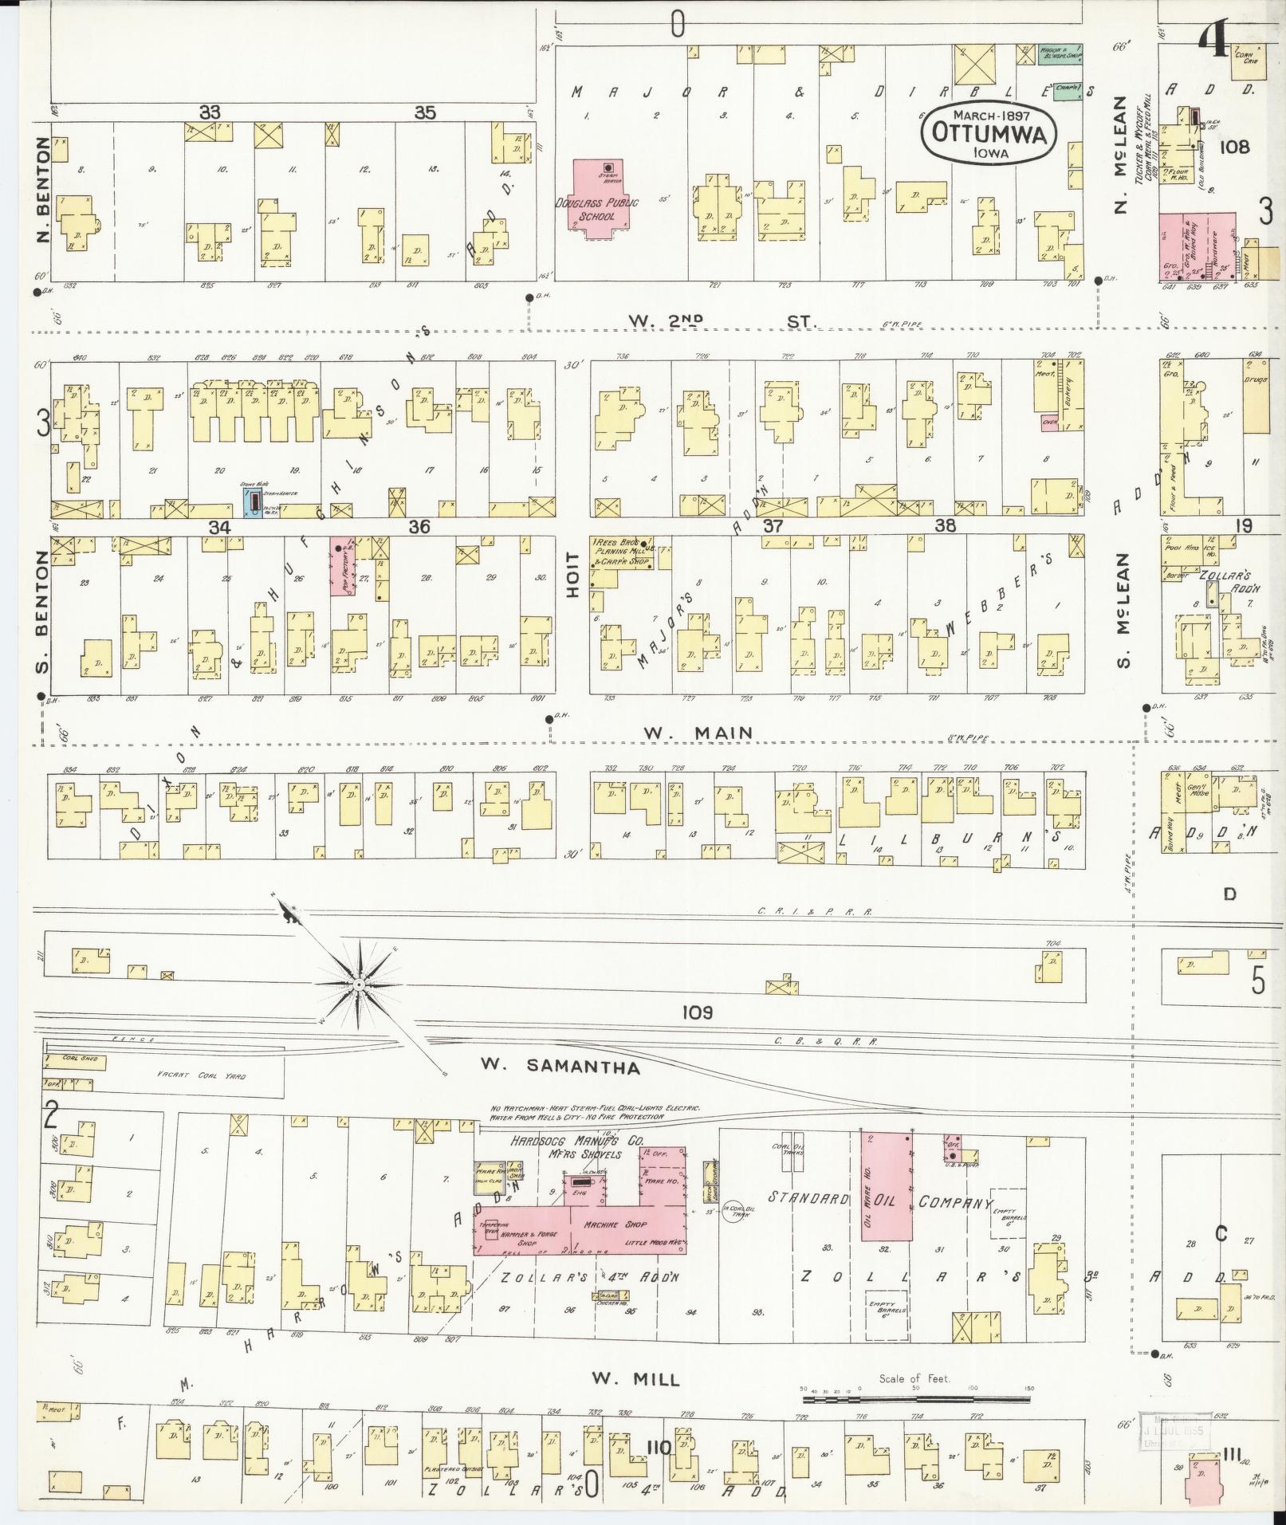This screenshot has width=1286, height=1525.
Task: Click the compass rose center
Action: click(360, 985)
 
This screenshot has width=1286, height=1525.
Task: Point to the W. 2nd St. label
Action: click(723, 320)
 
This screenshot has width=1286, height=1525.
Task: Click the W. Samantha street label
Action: click(561, 1067)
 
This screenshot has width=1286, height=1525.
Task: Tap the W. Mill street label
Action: click(635, 1378)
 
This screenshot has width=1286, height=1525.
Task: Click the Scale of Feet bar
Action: click(917, 1399)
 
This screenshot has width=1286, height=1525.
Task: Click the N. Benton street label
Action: click(42, 191)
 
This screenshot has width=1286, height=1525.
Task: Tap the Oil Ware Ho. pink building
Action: click(888, 1201)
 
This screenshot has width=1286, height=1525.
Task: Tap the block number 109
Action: click(697, 1012)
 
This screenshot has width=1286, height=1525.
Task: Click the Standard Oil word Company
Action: click(955, 1203)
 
